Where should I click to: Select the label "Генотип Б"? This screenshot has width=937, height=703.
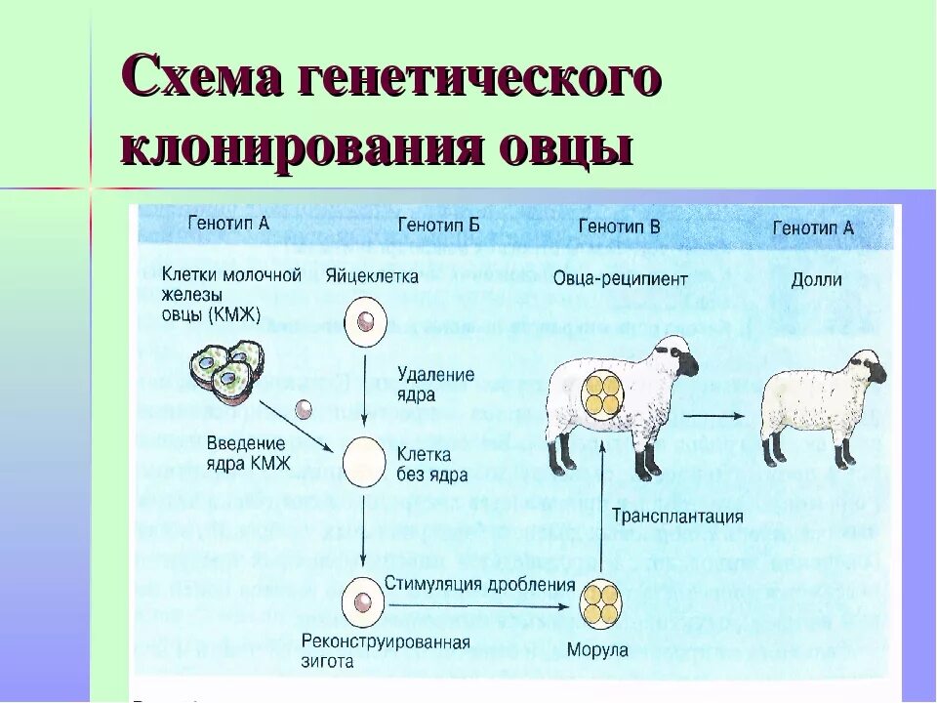point(438,227)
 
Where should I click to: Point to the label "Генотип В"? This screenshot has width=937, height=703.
point(619,227)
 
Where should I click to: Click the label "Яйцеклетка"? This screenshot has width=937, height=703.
point(372,276)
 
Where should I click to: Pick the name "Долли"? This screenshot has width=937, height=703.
point(817,280)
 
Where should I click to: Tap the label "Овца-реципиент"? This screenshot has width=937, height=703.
point(620,278)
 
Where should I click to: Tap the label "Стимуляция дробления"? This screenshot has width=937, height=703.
point(479,585)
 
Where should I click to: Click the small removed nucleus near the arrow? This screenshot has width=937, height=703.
point(304,407)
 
